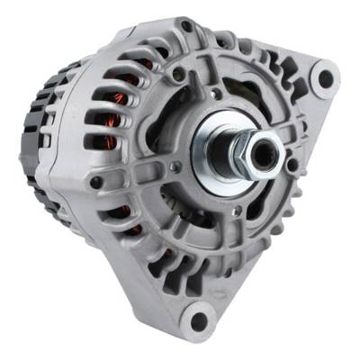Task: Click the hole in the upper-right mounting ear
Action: (324, 78)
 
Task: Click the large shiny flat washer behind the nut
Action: (219, 148)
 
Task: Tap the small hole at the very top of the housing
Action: (184, 26)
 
